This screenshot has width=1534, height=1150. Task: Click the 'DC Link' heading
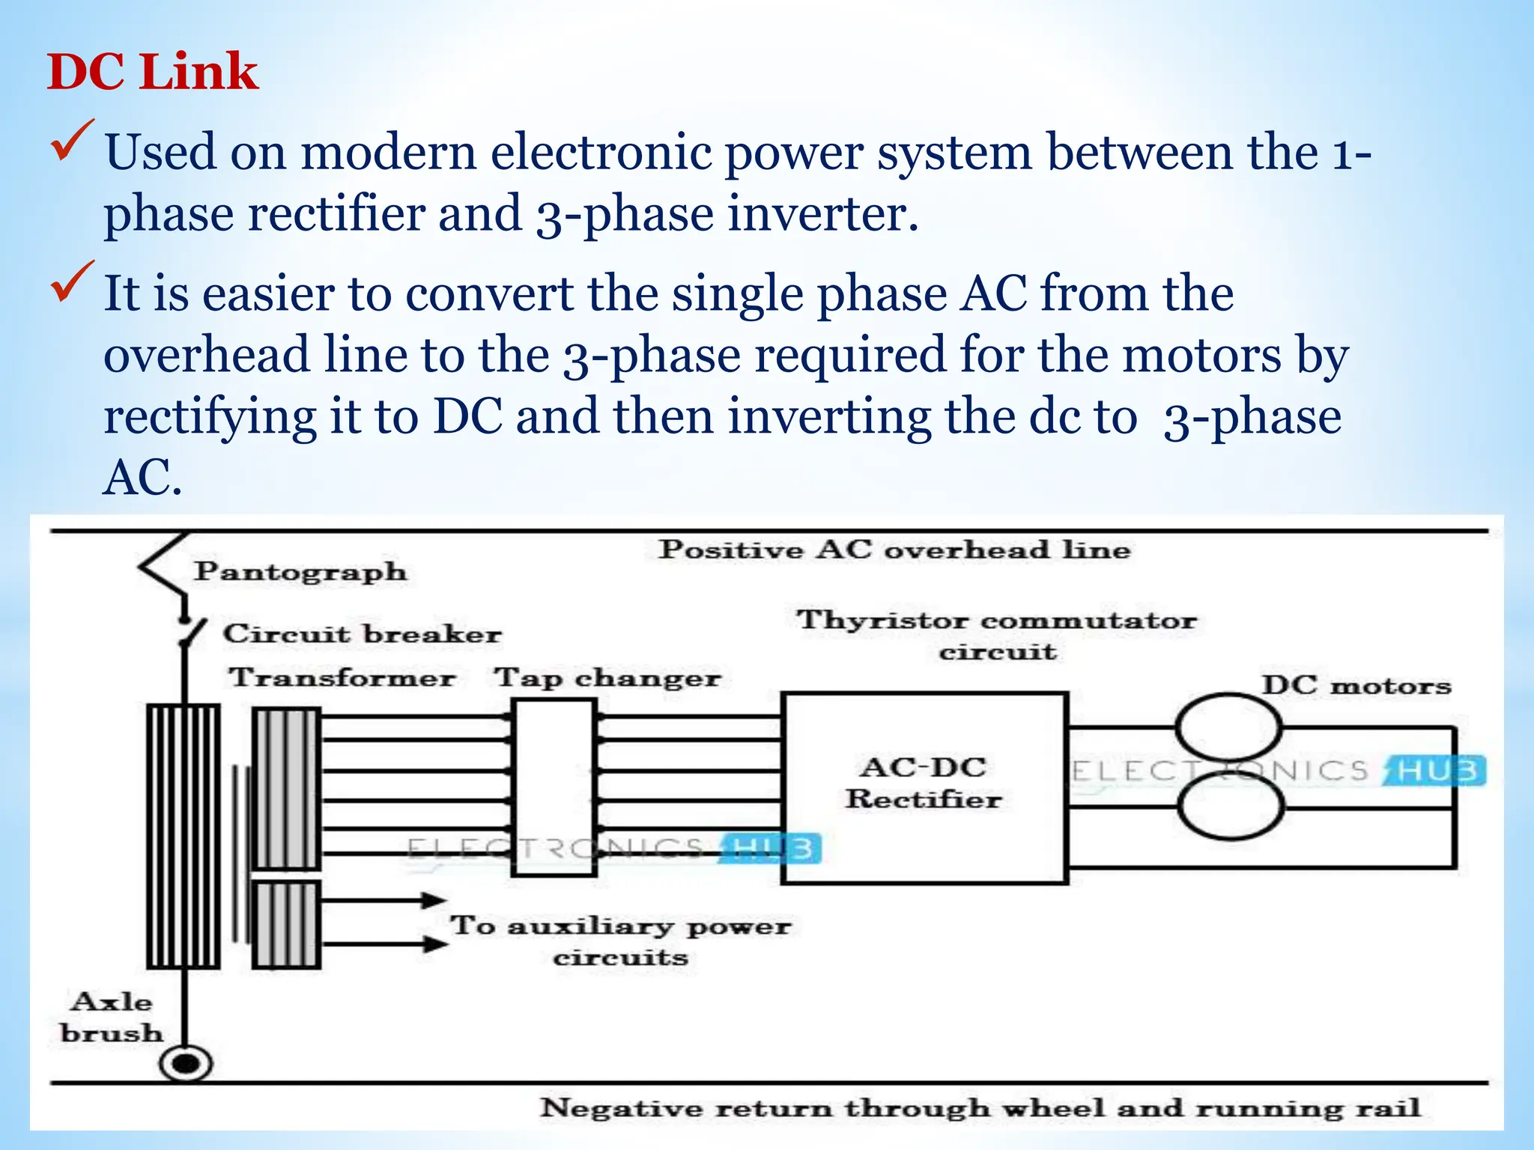tap(152, 72)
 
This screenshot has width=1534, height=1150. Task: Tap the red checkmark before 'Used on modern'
tap(72, 140)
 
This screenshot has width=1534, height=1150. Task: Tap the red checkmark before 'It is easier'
tap(72, 281)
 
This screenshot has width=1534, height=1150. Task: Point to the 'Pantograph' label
tap(300, 572)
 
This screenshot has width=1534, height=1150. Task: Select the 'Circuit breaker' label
tap(362, 634)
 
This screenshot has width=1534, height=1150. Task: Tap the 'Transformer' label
tap(342, 678)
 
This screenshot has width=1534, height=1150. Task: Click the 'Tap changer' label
tap(607, 678)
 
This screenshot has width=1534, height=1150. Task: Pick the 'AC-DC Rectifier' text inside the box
tap(923, 783)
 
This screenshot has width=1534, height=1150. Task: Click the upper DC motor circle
tap(1228, 727)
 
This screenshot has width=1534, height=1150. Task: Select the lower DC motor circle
tap(1230, 807)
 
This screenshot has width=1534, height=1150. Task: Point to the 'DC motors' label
tap(1356, 685)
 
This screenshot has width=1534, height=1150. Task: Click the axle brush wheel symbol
tap(186, 1063)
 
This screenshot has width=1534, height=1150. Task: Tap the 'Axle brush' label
tap(112, 1017)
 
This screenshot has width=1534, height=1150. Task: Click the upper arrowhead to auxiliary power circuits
tap(433, 900)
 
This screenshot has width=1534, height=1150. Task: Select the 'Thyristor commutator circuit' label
tap(996, 635)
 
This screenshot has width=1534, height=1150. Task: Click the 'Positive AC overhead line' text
tap(894, 550)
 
